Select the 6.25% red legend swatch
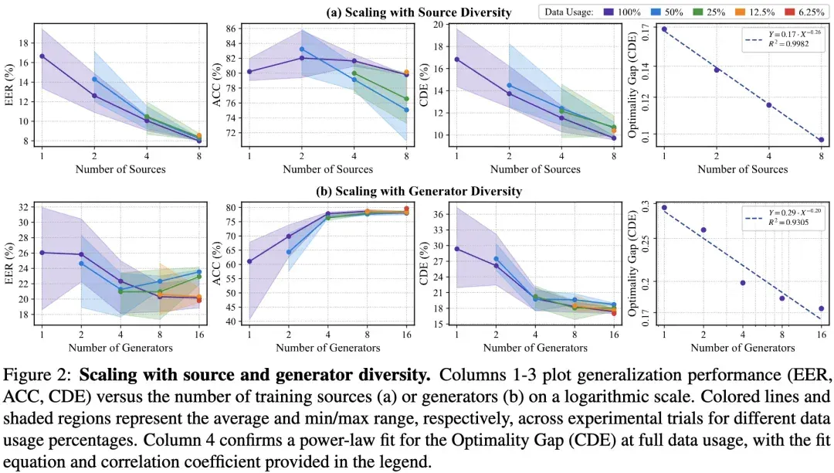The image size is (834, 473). pos(790,12)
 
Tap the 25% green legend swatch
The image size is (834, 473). pos(698,12)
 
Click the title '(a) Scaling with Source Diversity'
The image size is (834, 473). pos(419,12)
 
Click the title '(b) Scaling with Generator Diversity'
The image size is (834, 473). pos(419,191)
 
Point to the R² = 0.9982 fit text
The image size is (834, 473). pos(788,43)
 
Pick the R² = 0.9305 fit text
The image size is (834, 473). pos(788,222)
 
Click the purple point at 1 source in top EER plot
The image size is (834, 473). pos(42,56)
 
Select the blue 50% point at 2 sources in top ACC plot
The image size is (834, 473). pos(302,49)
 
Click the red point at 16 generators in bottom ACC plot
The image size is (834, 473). pos(406,209)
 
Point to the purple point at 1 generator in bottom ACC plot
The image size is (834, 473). pos(249,261)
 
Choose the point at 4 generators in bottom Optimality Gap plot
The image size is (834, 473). pos(743,283)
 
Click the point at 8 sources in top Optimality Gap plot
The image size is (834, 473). pos(821,140)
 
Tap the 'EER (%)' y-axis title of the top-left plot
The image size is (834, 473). pos(8,85)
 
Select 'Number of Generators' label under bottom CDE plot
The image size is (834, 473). pos(535,348)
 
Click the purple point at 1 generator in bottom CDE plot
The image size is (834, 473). pos(457,248)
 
